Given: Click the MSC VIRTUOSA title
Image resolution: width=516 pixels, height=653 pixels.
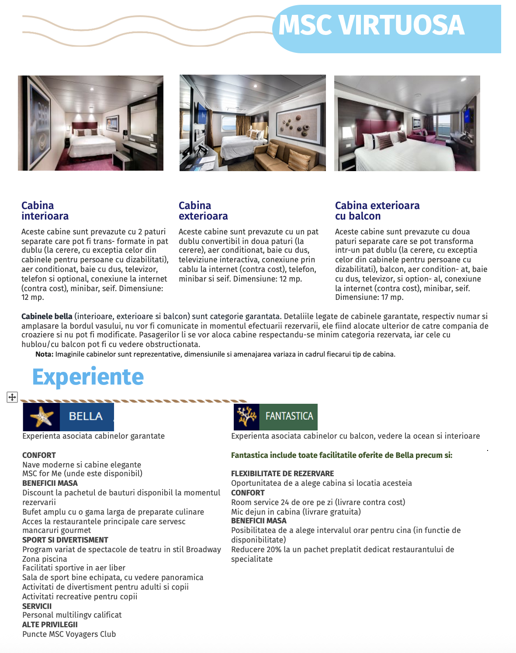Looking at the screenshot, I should pyautogui.click(x=371, y=25).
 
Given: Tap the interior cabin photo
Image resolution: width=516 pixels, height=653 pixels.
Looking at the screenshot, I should pyautogui.click(x=90, y=123).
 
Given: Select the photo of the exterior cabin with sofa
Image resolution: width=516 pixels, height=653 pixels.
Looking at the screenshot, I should pyautogui.click(x=253, y=123).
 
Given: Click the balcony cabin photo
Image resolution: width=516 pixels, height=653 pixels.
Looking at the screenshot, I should pyautogui.click(x=407, y=123).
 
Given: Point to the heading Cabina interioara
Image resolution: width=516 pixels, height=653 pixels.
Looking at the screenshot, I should pyautogui.click(x=45, y=211).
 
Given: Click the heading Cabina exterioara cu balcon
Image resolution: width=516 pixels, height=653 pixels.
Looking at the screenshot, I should pyautogui.click(x=377, y=211).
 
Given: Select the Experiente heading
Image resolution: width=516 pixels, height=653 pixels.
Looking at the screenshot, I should pyautogui.click(x=88, y=377).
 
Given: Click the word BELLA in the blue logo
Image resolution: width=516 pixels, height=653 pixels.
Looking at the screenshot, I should pyautogui.click(x=86, y=416).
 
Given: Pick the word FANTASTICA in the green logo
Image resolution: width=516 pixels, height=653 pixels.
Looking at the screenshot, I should pyautogui.click(x=289, y=416).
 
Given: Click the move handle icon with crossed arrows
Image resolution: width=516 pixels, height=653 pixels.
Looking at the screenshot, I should pyautogui.click(x=12, y=397).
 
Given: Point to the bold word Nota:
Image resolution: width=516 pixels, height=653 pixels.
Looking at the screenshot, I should pyautogui.click(x=44, y=354).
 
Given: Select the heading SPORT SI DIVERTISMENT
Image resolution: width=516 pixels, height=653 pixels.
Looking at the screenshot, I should pyautogui.click(x=65, y=540).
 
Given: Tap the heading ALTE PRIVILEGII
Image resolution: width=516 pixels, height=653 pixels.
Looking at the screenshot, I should pyautogui.click(x=50, y=625).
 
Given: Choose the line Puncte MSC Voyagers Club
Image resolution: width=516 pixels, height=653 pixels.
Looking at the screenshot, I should pyautogui.click(x=69, y=634).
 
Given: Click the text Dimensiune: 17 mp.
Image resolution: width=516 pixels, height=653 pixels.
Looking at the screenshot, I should pyautogui.click(x=369, y=297).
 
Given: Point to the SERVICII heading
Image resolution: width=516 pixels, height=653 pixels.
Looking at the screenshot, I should pyautogui.click(x=37, y=606).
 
